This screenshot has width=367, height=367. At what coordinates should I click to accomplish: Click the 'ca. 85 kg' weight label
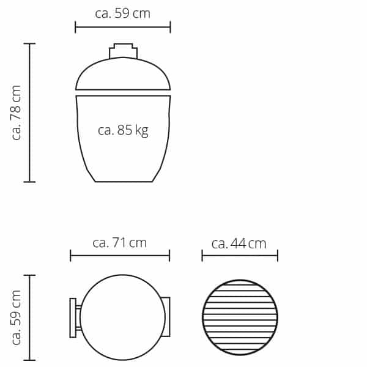point(123,130)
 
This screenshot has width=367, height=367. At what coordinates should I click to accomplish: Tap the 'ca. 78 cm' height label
point(17,113)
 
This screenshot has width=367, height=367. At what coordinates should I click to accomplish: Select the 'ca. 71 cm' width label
point(120,243)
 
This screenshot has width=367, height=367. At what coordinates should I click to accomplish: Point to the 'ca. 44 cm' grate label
point(239,243)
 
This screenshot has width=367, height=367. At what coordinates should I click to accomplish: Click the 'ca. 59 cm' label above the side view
point(123,13)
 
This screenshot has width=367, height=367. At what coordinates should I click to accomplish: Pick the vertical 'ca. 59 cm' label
point(17,317)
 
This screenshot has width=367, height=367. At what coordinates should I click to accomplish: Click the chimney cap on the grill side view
point(123,51)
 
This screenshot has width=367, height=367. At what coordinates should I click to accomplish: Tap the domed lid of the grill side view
point(123,73)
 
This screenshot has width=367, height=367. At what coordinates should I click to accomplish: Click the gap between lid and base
point(123,93)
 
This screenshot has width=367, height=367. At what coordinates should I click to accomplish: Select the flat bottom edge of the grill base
point(124,182)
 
